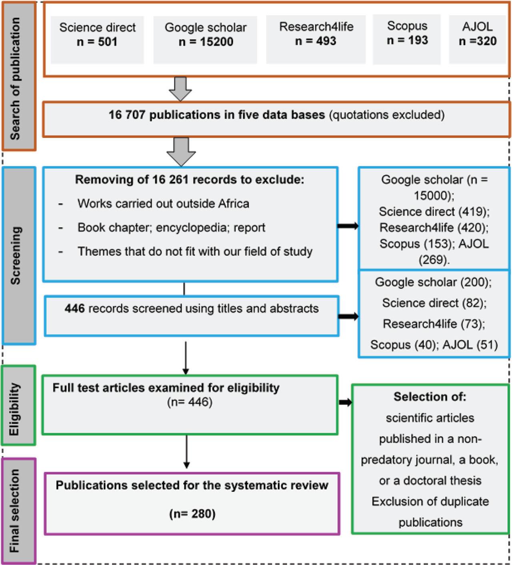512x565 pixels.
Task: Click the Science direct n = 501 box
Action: [97, 39]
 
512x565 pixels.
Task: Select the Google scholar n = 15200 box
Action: [205, 39]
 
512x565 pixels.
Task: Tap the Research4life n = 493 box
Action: [316, 39]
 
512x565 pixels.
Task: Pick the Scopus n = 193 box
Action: [407, 39]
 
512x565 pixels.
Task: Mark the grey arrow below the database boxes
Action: [180, 89]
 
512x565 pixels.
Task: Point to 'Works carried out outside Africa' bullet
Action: [163, 204]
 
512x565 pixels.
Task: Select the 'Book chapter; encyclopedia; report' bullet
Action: [171, 228]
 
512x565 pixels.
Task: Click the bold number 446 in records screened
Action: [74, 309]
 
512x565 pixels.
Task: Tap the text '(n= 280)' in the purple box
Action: [192, 513]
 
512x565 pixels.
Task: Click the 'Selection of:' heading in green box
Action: [430, 397]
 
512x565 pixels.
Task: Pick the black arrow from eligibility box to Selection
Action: [345, 402]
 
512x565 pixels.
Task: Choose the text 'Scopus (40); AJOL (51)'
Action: [434, 345]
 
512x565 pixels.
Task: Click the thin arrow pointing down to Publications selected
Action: [186, 452]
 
